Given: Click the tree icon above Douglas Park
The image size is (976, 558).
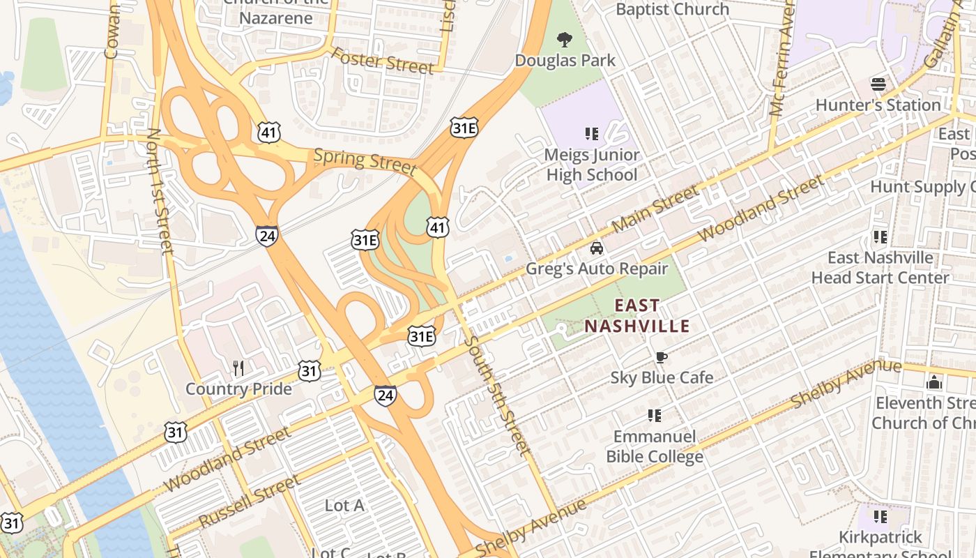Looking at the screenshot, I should pos(565,40).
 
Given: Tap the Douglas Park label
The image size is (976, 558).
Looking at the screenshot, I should pos(565,61).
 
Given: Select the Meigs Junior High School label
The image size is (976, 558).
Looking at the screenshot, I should pos(592,165).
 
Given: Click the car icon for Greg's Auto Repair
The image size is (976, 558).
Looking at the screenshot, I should pos(597,248).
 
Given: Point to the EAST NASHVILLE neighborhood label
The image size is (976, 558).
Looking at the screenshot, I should pos(637,315).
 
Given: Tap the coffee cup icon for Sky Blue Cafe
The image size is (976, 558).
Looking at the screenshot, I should pos(661,358).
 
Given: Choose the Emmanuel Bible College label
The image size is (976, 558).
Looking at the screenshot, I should pos(655,447).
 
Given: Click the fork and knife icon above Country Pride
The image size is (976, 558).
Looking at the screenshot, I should pos(238,368).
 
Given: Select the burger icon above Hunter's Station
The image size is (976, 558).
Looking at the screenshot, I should pos(878,85).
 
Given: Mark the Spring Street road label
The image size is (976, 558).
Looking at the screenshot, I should pos(365,161).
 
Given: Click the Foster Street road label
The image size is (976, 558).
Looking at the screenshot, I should pos(382,61).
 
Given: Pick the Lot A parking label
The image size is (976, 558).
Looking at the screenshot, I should pos(344,505).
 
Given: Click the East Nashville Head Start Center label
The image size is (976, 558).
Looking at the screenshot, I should pos(880,268).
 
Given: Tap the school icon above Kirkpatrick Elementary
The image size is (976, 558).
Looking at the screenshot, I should pos(880,517).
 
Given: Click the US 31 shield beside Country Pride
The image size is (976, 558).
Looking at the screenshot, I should pos(310,371).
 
